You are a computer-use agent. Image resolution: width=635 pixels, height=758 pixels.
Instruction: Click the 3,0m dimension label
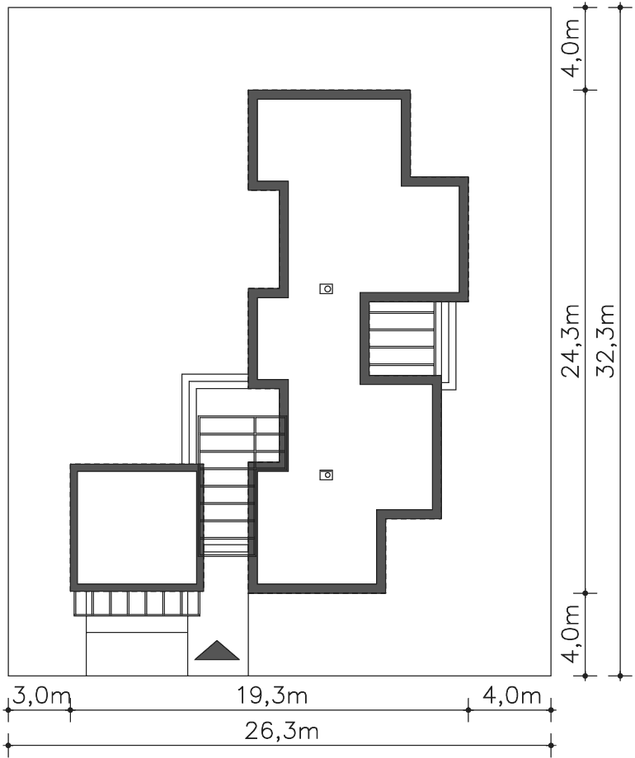(x=41, y=696)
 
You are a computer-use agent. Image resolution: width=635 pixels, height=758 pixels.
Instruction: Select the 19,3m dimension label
(x=272, y=696)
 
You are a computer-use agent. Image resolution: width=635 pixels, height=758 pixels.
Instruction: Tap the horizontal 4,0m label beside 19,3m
(x=511, y=696)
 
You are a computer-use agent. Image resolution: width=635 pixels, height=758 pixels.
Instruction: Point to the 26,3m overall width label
(x=281, y=732)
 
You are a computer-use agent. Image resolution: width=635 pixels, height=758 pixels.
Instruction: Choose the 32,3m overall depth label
(x=605, y=341)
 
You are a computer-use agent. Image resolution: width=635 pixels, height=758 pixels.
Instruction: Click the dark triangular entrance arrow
(x=217, y=651)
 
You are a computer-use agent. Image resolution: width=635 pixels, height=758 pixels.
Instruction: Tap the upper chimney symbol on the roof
(x=327, y=288)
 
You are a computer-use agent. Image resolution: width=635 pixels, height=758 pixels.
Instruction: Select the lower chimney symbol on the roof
(x=327, y=475)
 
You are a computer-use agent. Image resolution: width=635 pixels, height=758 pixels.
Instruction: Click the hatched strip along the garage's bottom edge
(x=137, y=603)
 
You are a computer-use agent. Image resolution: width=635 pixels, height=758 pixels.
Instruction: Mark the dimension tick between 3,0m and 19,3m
(x=70, y=709)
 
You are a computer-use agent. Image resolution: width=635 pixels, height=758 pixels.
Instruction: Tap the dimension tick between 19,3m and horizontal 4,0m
(x=468, y=709)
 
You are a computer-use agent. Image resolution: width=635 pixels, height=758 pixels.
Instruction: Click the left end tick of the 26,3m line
(x=7, y=746)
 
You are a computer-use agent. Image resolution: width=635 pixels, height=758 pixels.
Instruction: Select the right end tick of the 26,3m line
(x=551, y=746)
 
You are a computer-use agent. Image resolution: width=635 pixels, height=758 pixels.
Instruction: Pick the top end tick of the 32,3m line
(x=620, y=7)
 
